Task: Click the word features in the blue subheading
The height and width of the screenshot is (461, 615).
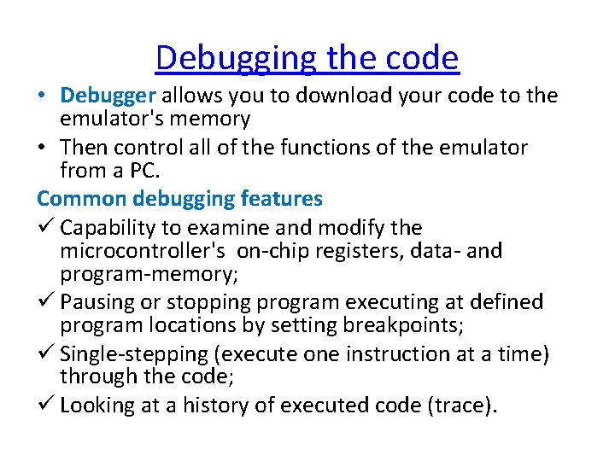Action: [x=281, y=199]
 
